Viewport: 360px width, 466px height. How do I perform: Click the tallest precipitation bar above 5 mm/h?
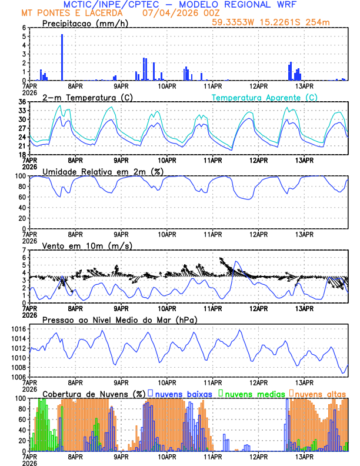pyautogui.click(x=62, y=57)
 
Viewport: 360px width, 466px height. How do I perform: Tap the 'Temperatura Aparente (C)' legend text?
pyautogui.click(x=264, y=97)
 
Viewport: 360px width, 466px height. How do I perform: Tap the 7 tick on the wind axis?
pyautogui.click(x=24, y=250)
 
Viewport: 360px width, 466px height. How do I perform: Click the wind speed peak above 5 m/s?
pyautogui.click(x=236, y=262)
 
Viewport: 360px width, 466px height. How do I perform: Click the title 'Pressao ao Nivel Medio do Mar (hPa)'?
pyautogui.click(x=119, y=319)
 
